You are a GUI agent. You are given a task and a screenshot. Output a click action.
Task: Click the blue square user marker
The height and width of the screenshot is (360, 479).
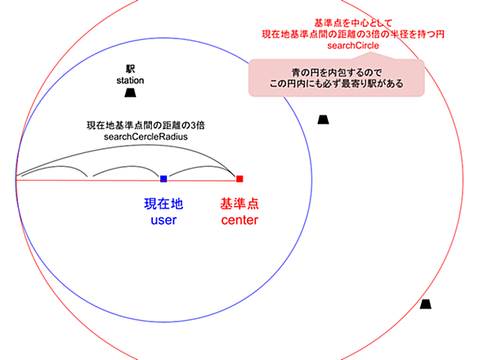(163, 178)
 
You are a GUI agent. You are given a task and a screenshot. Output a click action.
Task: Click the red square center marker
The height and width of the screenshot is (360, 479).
(239, 178)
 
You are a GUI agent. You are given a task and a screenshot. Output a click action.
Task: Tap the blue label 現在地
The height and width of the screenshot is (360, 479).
(163, 204)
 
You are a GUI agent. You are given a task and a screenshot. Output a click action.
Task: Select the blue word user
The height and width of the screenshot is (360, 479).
(163, 220)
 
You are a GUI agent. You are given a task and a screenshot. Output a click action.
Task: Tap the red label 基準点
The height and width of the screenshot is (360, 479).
(239, 204)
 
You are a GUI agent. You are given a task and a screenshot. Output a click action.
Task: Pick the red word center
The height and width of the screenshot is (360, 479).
(239, 220)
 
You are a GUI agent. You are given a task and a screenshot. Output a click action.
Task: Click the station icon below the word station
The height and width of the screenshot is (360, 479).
(130, 93)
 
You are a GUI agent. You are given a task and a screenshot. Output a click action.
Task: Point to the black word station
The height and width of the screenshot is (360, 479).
(130, 81)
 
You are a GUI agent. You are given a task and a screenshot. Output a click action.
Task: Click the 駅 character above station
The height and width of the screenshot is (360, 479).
(131, 69)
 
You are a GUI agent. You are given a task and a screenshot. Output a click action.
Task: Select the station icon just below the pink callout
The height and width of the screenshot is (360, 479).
(323, 119)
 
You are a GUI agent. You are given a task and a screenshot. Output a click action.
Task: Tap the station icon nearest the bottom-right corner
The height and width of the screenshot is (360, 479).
(425, 304)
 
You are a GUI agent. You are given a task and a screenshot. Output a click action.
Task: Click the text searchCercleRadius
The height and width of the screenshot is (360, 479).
(145, 137)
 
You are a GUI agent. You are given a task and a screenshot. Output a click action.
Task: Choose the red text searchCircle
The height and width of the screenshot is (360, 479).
(353, 46)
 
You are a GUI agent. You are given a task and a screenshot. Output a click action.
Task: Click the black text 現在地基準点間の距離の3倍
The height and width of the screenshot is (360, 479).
(145, 125)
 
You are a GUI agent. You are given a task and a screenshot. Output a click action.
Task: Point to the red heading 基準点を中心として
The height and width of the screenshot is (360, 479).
(353, 23)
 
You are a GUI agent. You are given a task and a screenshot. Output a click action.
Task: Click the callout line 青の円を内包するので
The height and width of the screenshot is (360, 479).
(337, 73)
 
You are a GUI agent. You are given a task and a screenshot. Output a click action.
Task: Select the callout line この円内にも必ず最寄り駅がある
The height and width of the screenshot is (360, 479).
(337, 83)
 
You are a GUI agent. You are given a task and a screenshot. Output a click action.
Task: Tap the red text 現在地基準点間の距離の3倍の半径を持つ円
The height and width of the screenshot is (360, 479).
(353, 34)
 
